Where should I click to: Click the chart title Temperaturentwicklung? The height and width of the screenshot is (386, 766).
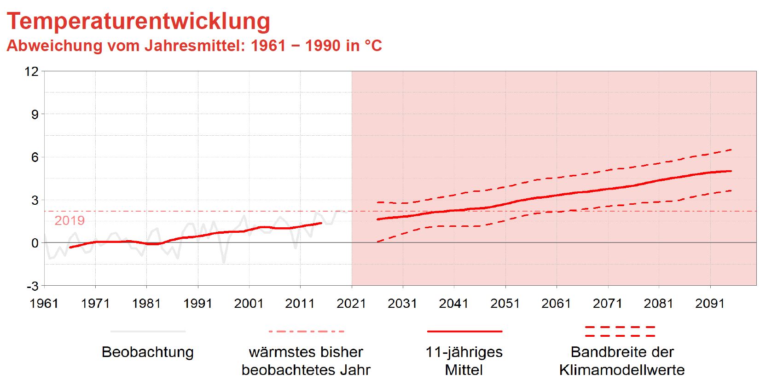[x=138, y=21]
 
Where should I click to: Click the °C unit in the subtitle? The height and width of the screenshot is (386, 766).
[x=373, y=46]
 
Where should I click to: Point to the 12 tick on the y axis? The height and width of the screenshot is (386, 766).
[x=32, y=71]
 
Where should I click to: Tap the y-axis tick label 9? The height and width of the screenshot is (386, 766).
[x=35, y=114]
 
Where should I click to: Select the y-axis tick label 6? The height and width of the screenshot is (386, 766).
[x=35, y=157]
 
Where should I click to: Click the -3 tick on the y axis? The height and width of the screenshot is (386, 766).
[x=32, y=286]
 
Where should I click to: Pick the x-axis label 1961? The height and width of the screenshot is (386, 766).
[x=44, y=304]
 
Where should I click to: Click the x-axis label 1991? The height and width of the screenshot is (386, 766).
[x=198, y=304]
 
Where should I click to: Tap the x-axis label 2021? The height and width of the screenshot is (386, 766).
[x=351, y=304]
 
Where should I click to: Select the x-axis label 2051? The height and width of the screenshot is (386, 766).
[x=505, y=304]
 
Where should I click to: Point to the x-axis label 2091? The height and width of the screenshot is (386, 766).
[x=710, y=304]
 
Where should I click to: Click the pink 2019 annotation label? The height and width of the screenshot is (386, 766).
[x=70, y=221]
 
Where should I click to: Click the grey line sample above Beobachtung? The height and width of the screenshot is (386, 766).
[x=148, y=331]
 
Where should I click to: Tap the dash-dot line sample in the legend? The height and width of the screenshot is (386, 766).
[x=306, y=331]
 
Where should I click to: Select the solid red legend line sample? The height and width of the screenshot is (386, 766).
[x=464, y=331]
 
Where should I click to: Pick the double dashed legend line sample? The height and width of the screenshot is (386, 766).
[x=620, y=331]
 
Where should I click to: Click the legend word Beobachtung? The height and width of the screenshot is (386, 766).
[x=148, y=352]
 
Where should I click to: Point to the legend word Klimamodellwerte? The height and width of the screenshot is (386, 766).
[x=622, y=370]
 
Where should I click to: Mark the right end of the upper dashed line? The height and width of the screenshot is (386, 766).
[x=731, y=150]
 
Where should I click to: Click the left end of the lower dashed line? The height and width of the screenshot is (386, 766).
[x=377, y=242]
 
